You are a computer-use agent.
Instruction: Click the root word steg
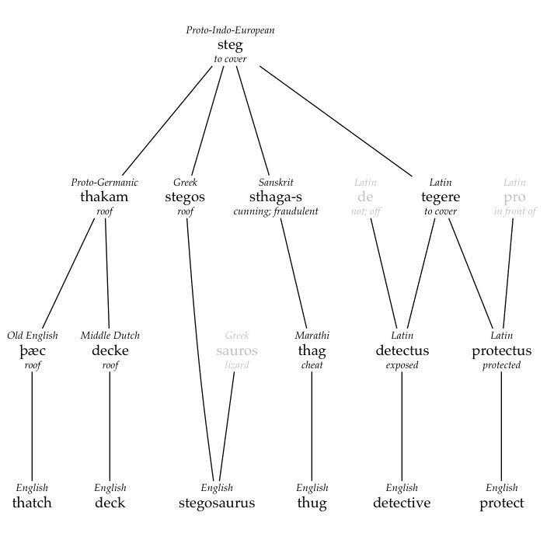click(x=230, y=45)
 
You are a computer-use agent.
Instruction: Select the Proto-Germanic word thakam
click(x=104, y=197)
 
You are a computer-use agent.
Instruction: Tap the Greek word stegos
click(x=185, y=197)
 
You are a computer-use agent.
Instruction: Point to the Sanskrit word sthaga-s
click(x=276, y=197)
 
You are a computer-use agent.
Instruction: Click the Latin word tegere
click(x=441, y=197)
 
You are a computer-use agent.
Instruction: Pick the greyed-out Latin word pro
click(x=514, y=198)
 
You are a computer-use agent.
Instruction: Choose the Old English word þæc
click(x=33, y=351)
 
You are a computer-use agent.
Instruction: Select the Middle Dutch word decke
click(x=110, y=350)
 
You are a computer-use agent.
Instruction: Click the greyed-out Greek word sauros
click(x=237, y=351)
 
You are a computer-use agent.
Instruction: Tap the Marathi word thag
click(x=312, y=351)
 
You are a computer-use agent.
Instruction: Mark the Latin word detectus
click(x=402, y=350)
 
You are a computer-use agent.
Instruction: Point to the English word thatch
click(x=32, y=503)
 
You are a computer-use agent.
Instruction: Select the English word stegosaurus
click(x=217, y=503)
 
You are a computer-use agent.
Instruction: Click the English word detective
click(x=402, y=503)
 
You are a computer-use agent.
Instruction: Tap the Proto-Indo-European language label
click(x=230, y=30)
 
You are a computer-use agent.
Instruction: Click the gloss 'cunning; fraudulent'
click(x=276, y=211)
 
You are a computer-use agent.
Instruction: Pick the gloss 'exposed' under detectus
click(x=402, y=365)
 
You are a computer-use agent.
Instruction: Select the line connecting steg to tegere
click(x=336, y=120)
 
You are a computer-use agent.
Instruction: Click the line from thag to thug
click(x=312, y=427)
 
